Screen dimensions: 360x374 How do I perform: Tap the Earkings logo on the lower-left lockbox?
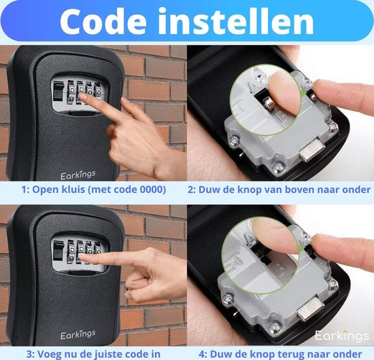coord(76,336)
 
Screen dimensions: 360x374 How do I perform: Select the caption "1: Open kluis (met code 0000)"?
coord(93,190)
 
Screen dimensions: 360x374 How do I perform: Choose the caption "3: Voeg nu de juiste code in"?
coord(93,353)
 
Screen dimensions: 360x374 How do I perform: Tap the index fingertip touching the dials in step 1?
coord(85,97)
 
